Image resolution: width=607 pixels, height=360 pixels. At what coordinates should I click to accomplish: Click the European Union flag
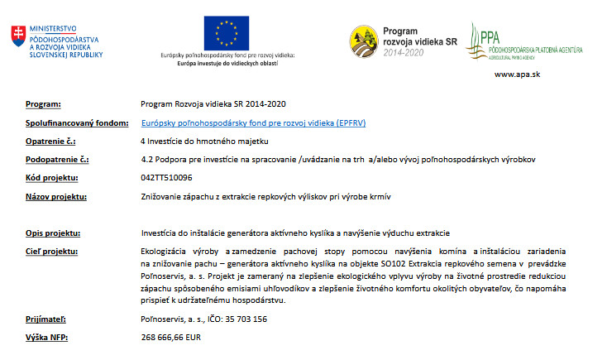(227, 32)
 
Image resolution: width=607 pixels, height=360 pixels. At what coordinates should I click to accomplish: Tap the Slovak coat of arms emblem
(17, 35)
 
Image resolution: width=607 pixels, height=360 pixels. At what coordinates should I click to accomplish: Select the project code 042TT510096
(167, 177)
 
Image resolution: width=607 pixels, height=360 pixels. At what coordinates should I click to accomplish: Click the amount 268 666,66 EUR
(172, 338)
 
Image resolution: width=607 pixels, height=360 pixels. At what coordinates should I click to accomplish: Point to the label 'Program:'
(44, 104)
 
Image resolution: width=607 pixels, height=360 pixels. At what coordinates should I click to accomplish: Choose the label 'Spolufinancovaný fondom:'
(71, 122)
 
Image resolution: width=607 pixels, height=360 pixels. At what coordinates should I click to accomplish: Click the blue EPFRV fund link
(242, 122)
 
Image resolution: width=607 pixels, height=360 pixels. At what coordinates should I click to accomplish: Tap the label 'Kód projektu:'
(51, 177)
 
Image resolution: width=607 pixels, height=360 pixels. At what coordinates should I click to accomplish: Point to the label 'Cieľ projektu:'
(51, 251)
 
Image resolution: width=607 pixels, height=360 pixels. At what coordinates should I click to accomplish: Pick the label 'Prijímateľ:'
(45, 318)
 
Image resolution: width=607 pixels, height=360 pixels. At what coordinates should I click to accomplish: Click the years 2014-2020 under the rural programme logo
(407, 51)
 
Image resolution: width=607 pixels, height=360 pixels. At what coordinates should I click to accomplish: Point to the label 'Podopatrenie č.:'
(57, 159)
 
